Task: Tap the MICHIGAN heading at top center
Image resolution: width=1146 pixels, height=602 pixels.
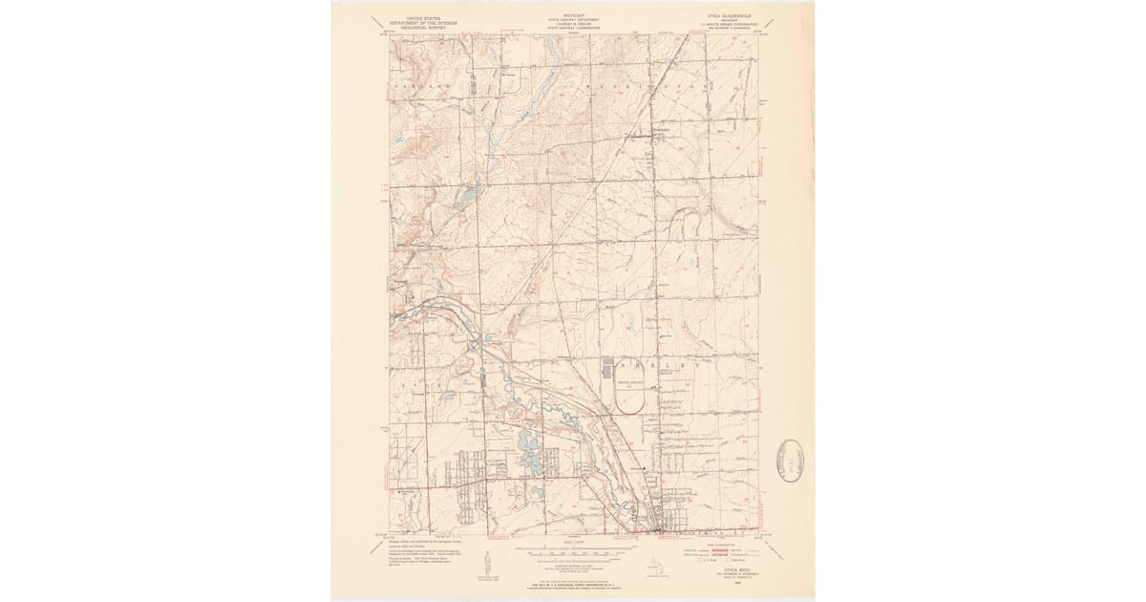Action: point(573,16)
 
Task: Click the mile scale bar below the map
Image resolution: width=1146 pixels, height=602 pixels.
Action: point(573,553)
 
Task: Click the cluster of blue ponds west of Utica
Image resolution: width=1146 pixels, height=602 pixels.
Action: point(528,453)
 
